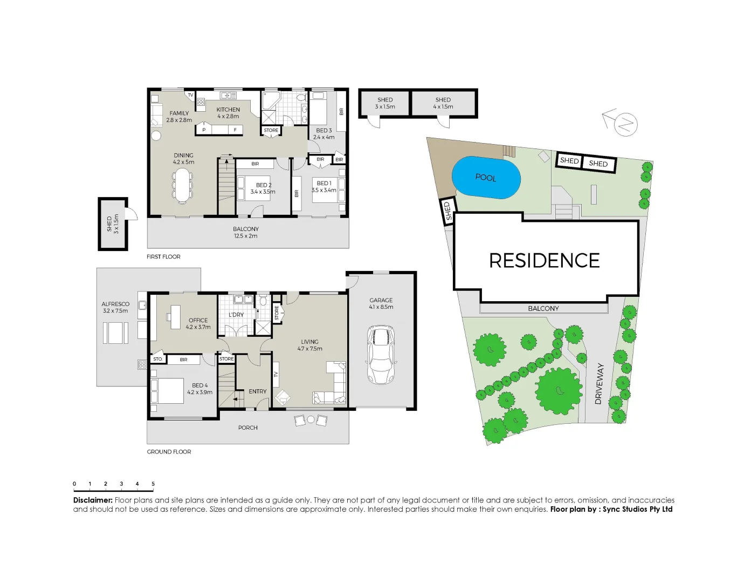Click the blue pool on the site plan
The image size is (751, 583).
[486, 178]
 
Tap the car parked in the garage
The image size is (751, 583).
[381, 354]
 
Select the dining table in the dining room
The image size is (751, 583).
[183, 186]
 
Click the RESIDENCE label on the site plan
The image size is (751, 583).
[544, 261]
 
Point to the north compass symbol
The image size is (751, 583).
[623, 123]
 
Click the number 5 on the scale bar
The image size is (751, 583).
[153, 484]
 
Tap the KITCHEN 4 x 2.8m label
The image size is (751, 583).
[228, 113]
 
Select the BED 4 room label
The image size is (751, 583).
[199, 389]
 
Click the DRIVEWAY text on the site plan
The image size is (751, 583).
[599, 384]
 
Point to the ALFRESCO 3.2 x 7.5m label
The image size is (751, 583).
[115, 307]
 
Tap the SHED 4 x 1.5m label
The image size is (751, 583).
[443, 103]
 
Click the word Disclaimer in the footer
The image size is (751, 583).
[93, 500]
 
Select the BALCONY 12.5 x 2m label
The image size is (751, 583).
[245, 233]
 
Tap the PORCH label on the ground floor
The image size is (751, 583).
[248, 428]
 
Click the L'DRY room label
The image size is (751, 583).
[236, 315]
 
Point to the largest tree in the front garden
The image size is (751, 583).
[559, 390]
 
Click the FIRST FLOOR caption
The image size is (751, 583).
[163, 257]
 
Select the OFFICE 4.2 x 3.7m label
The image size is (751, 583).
[198, 323]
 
